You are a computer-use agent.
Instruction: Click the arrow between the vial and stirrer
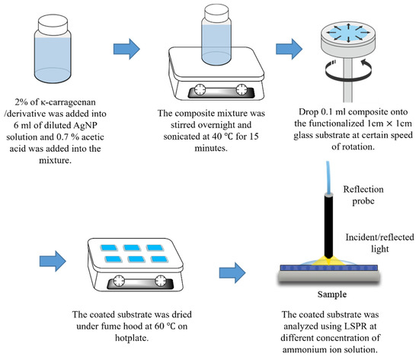[126, 49]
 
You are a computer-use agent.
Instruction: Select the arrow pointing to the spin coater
[289, 49]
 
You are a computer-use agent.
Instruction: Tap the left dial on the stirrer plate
[200, 89]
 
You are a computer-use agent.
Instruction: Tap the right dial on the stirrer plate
[241, 89]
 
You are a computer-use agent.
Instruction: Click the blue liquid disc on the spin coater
[348, 33]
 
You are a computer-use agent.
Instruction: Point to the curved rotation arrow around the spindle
[348, 70]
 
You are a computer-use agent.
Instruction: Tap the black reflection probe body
[329, 226]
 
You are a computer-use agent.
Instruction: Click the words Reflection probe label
[363, 195]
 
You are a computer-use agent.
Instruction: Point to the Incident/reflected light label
[379, 243]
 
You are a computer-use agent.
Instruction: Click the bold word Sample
[332, 294]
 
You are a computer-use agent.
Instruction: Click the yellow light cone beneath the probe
[328, 261]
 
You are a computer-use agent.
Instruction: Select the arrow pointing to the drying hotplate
[53, 261]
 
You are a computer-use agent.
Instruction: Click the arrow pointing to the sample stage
[232, 272]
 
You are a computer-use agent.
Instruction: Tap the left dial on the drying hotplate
[119, 281]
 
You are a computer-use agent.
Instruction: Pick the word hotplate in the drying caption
[132, 338]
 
